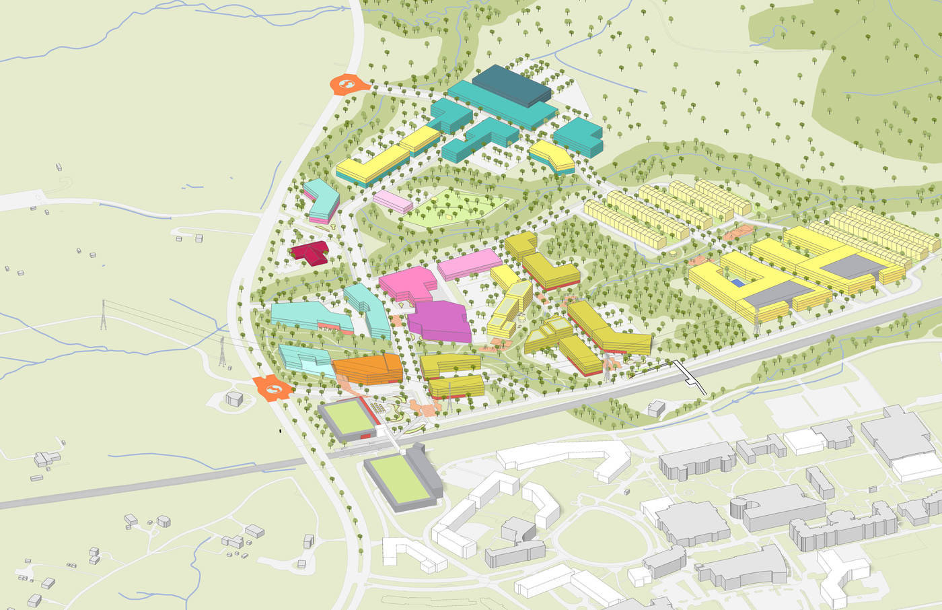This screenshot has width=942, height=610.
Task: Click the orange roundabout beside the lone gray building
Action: tap(273, 388)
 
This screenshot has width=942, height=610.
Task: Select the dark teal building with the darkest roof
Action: tap(511, 86)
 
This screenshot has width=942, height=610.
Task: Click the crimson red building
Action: tap(310, 252)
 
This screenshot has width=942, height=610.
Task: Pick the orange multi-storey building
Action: tap(368, 369)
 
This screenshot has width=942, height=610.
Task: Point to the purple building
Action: tap(443, 321)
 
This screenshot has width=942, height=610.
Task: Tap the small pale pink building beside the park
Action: tap(393, 201)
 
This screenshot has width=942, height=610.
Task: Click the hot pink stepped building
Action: tap(408, 283)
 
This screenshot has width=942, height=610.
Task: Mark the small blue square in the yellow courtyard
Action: tap(739, 283)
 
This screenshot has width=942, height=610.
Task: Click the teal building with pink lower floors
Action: tap(321, 201)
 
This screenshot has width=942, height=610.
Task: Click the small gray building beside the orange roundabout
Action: tap(234, 398)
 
